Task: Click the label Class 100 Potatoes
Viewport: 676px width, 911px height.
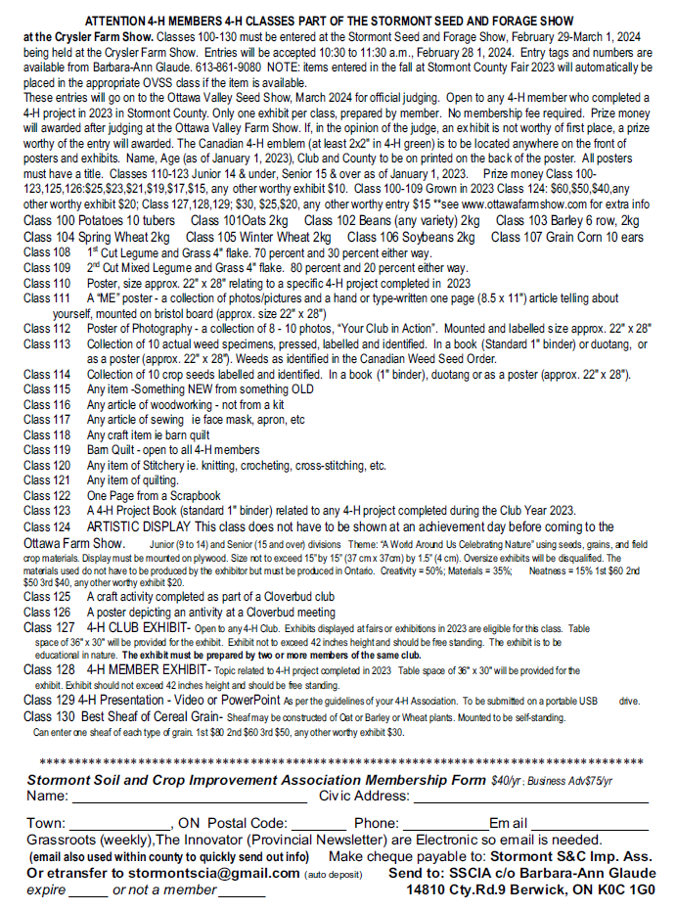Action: click(78, 223)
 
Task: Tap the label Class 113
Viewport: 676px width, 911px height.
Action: click(48, 344)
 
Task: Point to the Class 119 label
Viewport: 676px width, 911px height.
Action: click(48, 451)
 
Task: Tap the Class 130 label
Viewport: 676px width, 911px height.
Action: click(48, 716)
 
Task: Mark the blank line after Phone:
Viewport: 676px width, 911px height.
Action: click(444, 824)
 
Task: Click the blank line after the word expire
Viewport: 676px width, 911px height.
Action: click(88, 891)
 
